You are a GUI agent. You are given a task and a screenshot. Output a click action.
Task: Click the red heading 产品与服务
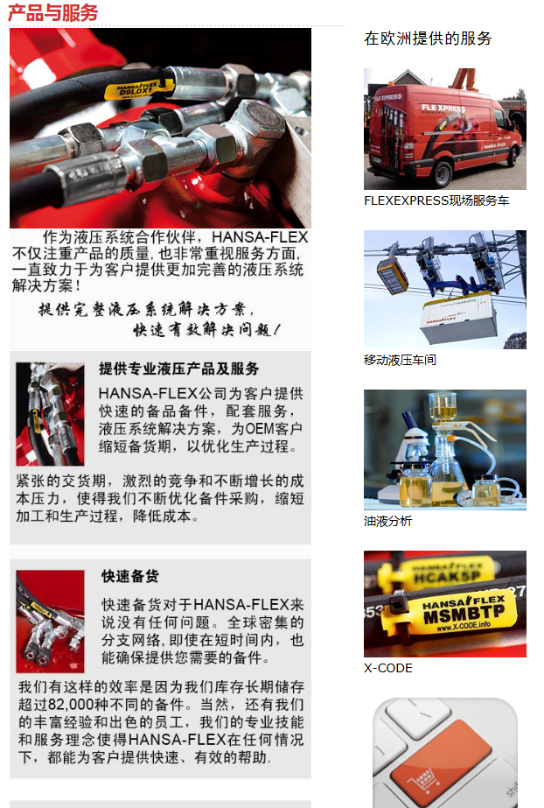tap(53, 12)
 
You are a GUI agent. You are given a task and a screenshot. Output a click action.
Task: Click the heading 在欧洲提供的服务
tap(428, 39)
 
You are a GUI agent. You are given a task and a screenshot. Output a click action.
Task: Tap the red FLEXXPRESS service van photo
tap(444, 128)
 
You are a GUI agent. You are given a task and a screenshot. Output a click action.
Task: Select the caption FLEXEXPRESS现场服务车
tap(436, 201)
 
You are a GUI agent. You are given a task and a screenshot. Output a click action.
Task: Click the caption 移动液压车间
tap(400, 361)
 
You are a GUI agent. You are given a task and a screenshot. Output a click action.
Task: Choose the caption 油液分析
tap(387, 522)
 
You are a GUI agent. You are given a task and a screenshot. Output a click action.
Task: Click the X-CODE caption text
tap(387, 669)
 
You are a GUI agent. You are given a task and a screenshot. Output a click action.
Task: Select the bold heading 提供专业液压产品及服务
tap(178, 369)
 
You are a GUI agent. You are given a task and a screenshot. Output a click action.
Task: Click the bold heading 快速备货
tap(130, 576)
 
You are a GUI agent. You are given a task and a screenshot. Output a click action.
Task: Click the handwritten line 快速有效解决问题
tap(206, 330)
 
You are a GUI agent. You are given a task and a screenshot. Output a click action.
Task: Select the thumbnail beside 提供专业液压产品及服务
tap(50, 413)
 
